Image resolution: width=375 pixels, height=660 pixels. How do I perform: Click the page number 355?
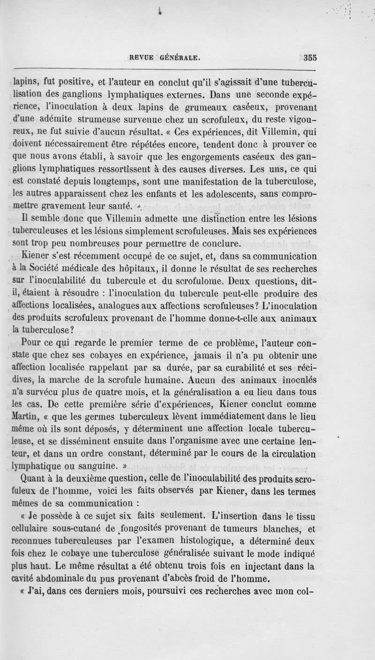pyautogui.click(x=310, y=58)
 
